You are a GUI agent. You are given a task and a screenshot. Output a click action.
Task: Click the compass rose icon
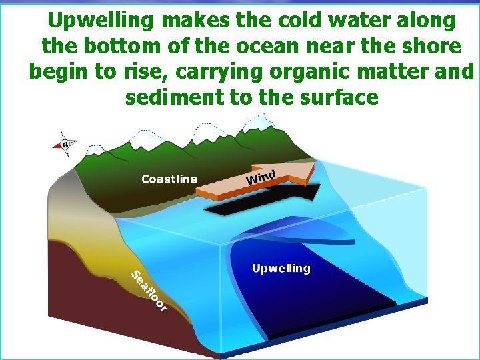point(65,143)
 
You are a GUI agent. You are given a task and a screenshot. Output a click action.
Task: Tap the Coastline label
point(169,179)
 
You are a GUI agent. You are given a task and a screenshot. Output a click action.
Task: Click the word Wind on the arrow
point(261,177)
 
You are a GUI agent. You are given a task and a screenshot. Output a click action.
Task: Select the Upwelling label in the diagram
point(281,268)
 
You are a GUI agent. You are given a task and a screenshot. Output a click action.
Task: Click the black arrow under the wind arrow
point(267,201)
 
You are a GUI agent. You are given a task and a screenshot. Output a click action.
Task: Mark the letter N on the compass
point(65,143)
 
